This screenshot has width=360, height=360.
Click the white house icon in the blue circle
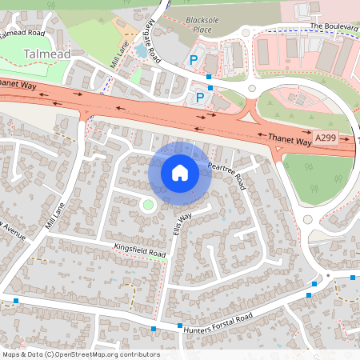(x=180, y=173)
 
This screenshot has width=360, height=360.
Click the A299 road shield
(x=326, y=138)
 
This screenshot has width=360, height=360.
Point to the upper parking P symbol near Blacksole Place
(x=192, y=60)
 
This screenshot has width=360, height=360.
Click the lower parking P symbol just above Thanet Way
(x=200, y=97)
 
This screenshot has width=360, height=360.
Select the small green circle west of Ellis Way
(x=146, y=206)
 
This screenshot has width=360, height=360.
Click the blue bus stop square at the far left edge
(x=16, y=302)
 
